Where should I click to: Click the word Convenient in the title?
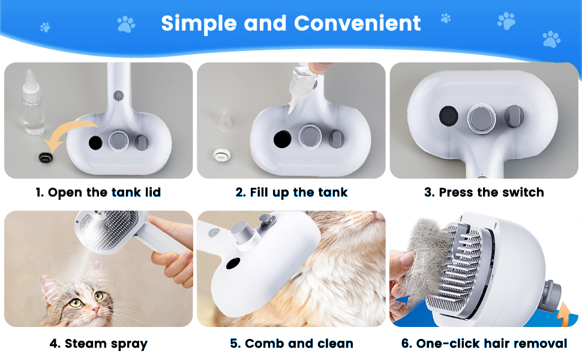click(x=358, y=23)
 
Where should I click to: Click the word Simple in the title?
click(x=199, y=24)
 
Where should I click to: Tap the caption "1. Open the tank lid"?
click(x=98, y=192)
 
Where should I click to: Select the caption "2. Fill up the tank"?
click(x=292, y=192)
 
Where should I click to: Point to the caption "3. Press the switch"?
click(x=484, y=192)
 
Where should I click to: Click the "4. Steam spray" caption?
click(x=98, y=344)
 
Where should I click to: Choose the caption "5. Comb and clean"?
click(x=292, y=343)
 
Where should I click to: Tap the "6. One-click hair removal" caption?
click(x=484, y=343)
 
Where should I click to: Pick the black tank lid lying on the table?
click(x=46, y=158)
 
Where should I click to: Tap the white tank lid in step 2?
click(x=223, y=154)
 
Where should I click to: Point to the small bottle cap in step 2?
click(x=225, y=119)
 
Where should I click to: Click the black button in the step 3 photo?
click(x=448, y=116)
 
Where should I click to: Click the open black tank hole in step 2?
click(x=283, y=139)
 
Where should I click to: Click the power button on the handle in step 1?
click(x=118, y=95)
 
